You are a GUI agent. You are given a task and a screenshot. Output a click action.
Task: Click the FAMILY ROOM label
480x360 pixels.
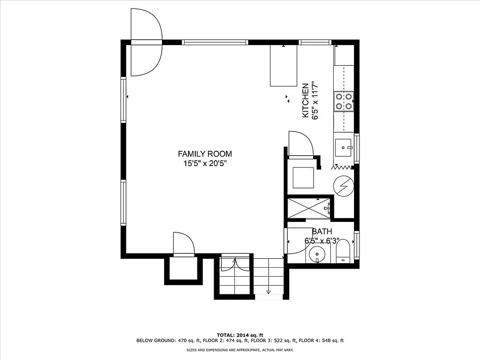[x=205, y=154]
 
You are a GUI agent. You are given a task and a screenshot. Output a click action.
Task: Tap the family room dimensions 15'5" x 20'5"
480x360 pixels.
[x=205, y=164]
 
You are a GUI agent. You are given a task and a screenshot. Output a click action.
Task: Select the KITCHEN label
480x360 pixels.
[x=305, y=100]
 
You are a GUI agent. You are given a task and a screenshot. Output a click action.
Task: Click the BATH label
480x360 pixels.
[x=322, y=231]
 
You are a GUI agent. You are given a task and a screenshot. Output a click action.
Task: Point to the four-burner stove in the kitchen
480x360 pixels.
[x=343, y=101]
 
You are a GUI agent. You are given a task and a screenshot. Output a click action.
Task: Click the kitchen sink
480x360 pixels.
[x=344, y=146]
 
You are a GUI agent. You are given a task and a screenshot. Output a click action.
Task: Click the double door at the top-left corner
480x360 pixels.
[x=145, y=43]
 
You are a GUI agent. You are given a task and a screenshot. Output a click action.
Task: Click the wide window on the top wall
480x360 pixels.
[x=215, y=42]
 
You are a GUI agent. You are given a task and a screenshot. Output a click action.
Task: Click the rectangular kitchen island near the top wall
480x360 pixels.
[x=283, y=66]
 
